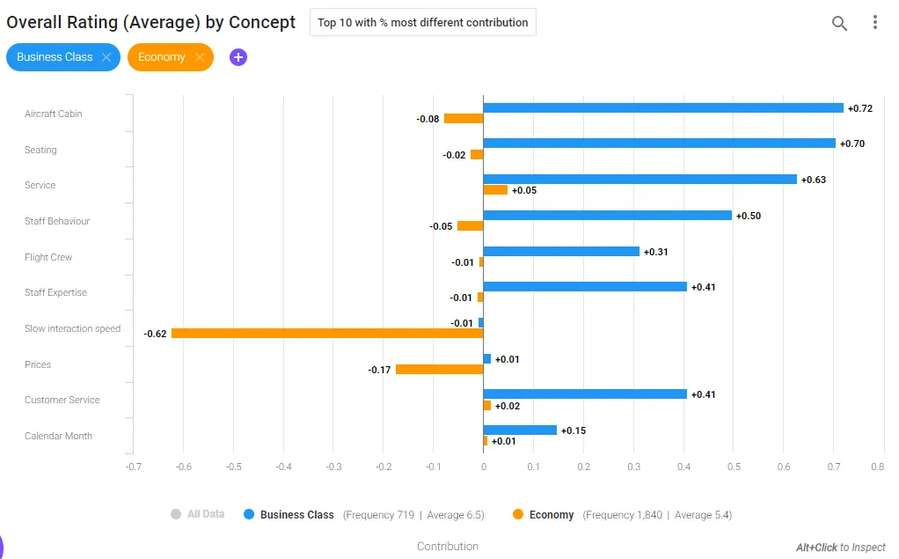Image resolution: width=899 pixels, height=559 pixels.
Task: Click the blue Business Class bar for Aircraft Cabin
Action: click(x=663, y=108)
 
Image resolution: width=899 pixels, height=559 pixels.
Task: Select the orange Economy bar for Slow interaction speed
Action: click(x=327, y=334)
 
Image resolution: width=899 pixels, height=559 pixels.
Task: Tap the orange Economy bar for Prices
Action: click(x=439, y=370)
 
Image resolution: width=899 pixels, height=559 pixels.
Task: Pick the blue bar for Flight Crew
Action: click(x=561, y=252)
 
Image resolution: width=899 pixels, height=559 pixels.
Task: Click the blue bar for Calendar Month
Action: click(x=520, y=430)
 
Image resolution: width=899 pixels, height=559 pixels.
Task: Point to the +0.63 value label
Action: click(x=814, y=180)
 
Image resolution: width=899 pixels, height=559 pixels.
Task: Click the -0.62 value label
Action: click(x=155, y=334)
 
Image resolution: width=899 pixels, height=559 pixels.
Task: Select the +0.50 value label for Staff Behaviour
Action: click(x=749, y=216)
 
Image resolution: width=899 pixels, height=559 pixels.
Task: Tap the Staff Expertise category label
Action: click(x=55, y=292)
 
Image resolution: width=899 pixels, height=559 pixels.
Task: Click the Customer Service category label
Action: click(x=62, y=400)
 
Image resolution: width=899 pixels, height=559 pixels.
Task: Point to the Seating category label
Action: click(x=40, y=150)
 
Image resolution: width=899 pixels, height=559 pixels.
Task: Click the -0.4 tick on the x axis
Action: click(x=283, y=467)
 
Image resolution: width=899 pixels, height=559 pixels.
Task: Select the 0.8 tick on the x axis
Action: click(x=878, y=467)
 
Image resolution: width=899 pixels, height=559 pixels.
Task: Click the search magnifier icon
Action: click(x=839, y=23)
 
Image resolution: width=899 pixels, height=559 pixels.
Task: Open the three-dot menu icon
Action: click(x=875, y=22)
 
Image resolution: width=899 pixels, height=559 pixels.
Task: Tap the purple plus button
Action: click(x=238, y=57)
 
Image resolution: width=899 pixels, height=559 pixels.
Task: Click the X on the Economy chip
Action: click(x=200, y=57)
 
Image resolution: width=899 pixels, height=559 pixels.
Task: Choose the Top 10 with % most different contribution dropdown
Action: click(x=423, y=22)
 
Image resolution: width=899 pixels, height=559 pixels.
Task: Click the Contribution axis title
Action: click(x=448, y=547)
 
